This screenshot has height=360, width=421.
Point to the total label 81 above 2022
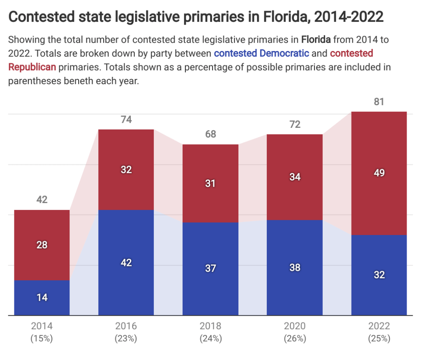point(379,102)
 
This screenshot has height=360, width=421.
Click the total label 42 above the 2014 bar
point(42,200)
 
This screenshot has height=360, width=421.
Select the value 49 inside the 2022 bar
point(379,173)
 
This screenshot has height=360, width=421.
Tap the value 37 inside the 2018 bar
point(210,268)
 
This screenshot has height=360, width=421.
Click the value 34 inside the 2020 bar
point(295,177)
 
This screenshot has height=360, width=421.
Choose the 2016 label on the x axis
point(126,326)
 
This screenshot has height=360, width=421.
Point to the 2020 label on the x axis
point(295,326)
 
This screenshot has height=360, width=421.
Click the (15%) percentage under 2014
point(42,339)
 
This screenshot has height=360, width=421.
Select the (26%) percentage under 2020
point(295,339)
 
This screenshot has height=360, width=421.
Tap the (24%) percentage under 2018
point(210,339)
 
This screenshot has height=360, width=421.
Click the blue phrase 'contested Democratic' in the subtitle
point(261,53)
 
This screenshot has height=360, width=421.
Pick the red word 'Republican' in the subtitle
point(32,67)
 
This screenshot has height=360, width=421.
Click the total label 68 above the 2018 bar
point(210,134)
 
